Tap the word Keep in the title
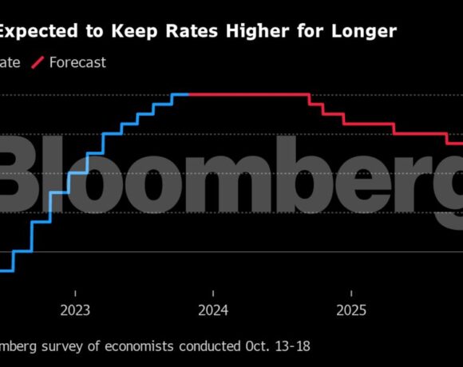133,31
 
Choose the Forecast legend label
77,62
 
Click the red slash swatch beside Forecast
37,62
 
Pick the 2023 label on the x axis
75,310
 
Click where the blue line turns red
189,94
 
